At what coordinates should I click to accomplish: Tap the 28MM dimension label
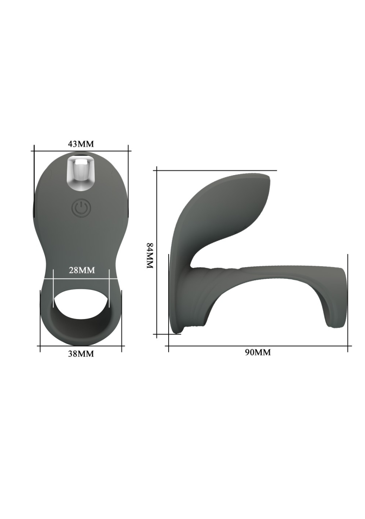tap(82, 270)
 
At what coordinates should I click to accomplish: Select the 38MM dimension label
tap(81, 354)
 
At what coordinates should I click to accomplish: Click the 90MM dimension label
tap(258, 353)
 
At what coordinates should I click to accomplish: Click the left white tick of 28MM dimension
tap(53, 289)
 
